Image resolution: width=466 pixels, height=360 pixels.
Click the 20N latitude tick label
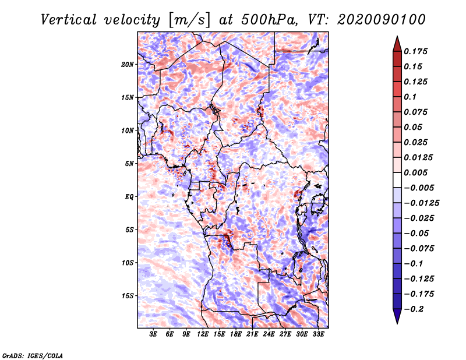pos(128,65)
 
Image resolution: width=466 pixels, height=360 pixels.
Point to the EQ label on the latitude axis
pos(129,197)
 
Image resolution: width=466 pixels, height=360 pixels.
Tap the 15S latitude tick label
pos(128,296)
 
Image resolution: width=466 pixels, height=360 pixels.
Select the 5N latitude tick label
pos(129,164)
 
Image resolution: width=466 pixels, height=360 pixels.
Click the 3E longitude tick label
pos(153,334)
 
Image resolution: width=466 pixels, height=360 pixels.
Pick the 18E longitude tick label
pos(236,334)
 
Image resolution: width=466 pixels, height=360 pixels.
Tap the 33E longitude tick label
pos(318,334)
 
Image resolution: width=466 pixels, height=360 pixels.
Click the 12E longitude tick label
pos(203,334)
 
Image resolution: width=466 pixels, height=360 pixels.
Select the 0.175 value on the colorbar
pos(415,51)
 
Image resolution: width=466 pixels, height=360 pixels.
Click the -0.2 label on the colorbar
pos(414,309)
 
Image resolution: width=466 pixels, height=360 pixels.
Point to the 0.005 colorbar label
pos(415,172)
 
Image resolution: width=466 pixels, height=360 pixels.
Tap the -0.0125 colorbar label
pos(421,203)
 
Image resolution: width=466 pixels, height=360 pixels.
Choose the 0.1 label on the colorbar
pos(410,97)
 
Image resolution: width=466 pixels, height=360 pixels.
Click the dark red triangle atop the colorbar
pos(397,44)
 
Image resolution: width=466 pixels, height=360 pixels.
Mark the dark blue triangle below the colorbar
pos(397,316)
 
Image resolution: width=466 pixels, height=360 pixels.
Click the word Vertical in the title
pos(69,20)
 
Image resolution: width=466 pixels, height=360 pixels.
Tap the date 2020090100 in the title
pos(382,20)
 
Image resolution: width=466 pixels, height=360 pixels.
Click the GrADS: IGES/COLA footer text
pos(33,355)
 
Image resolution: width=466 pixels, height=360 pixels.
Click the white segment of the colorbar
pos(397,180)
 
